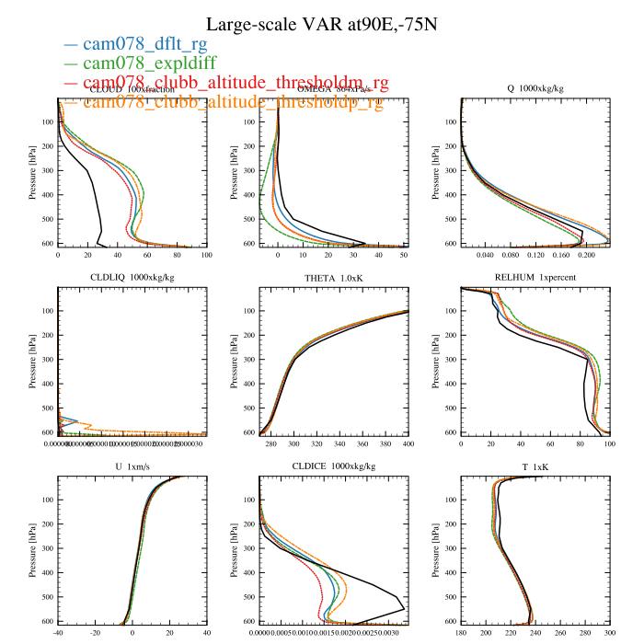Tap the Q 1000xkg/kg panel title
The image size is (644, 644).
(x=535, y=89)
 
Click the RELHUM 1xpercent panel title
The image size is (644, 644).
(x=535, y=280)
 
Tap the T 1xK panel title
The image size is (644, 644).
(x=535, y=468)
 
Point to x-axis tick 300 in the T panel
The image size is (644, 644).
(x=609, y=633)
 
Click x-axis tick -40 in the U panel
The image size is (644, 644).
(x=59, y=633)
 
